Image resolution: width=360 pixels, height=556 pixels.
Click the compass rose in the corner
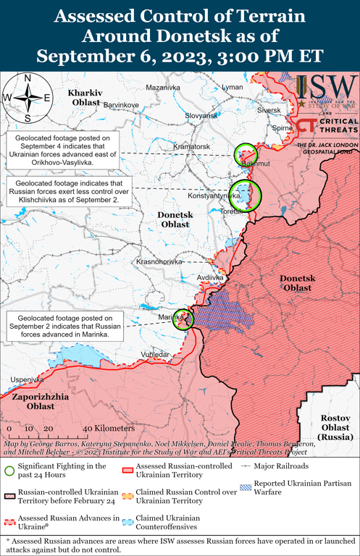pyautogui.click(x=27, y=97)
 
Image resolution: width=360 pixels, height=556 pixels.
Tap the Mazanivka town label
pyautogui.click(x=162, y=88)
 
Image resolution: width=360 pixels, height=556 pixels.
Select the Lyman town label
pyautogui.click(x=233, y=87)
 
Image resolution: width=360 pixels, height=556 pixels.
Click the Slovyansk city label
pyautogui.click(x=201, y=116)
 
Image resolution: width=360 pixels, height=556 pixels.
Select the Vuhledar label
pyautogui.click(x=156, y=354)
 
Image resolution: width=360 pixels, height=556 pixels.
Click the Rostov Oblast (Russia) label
pyautogui.click(x=335, y=428)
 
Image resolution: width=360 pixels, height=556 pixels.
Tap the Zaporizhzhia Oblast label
pyautogui.click(x=40, y=402)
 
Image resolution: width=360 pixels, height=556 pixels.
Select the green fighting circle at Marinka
pyautogui.click(x=184, y=319)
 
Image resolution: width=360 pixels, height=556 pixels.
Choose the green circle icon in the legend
pyautogui.click(x=9, y=471)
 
